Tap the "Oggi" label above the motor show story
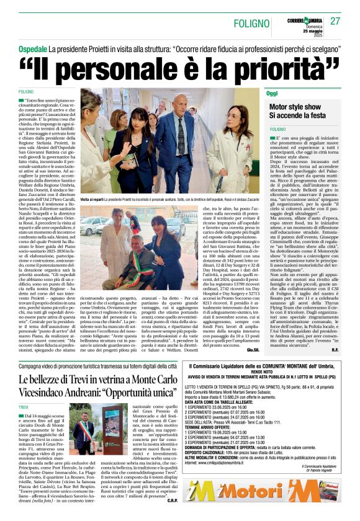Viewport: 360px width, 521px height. pyautogui.click(x=272, y=93)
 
